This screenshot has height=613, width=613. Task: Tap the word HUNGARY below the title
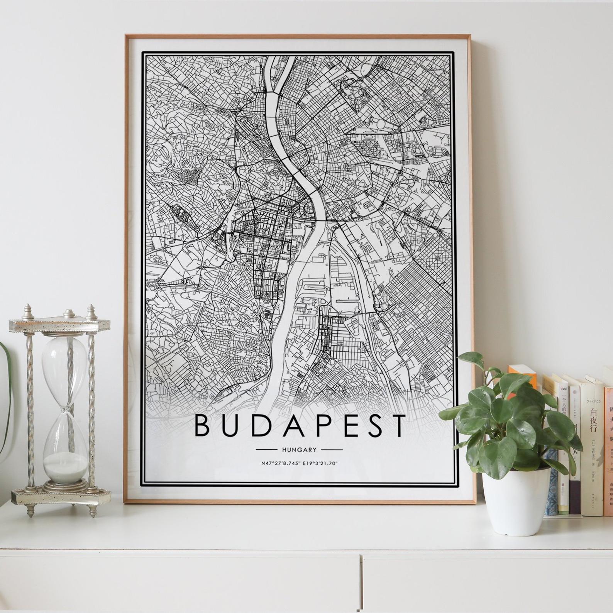pos(299,450)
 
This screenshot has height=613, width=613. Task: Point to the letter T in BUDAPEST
pos(395,425)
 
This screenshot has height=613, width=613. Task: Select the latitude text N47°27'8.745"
pos(278,463)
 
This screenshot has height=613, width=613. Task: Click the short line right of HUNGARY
pos(332,450)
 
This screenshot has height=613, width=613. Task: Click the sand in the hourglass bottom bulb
pos(65,471)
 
